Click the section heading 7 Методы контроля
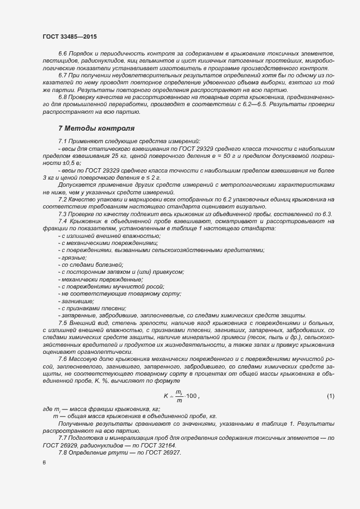click(96, 128)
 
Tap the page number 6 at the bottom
click(44, 463)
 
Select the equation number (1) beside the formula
click(330, 396)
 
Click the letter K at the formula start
click(166, 396)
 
